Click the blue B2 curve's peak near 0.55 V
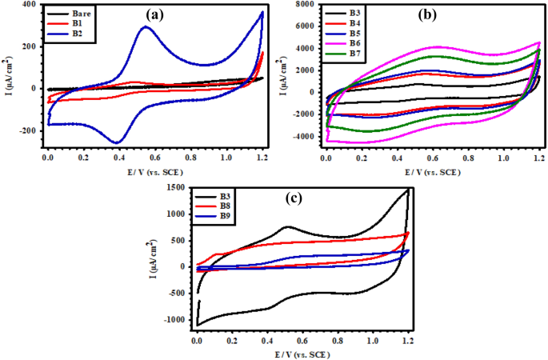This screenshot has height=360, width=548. pos(145,27)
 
